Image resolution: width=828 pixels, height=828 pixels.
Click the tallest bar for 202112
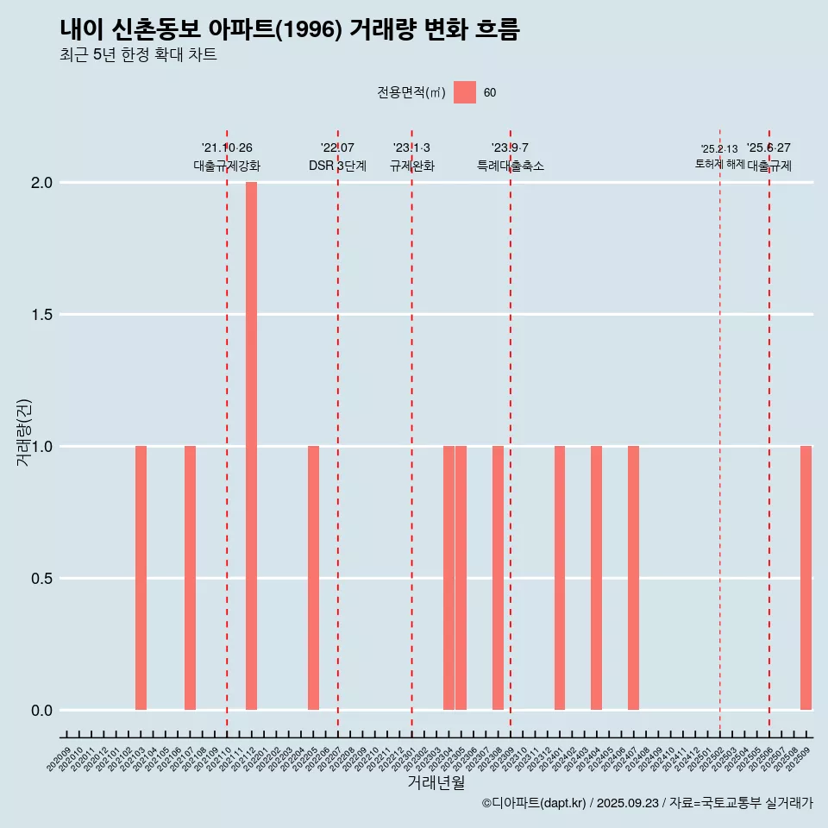point(251,446)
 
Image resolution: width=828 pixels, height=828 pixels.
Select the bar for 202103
point(141,578)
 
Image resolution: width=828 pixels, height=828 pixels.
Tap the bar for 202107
point(190,578)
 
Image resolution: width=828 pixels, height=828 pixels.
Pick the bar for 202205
point(313,578)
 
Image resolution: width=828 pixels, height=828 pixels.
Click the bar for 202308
point(498,578)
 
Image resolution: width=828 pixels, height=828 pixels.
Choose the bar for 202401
point(560,578)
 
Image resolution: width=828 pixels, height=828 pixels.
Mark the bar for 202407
point(633,578)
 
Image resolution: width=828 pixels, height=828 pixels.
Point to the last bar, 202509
point(806,578)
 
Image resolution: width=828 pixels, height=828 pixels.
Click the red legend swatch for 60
point(465,92)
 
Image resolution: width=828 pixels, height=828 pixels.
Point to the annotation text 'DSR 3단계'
point(338,166)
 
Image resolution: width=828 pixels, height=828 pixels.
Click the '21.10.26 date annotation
point(227,147)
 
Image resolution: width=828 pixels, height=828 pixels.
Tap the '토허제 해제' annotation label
point(719,164)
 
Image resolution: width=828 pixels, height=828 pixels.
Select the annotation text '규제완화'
point(412,166)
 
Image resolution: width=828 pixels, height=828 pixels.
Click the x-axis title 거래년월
point(436,783)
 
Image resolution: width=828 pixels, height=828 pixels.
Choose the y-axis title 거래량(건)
point(24,432)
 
